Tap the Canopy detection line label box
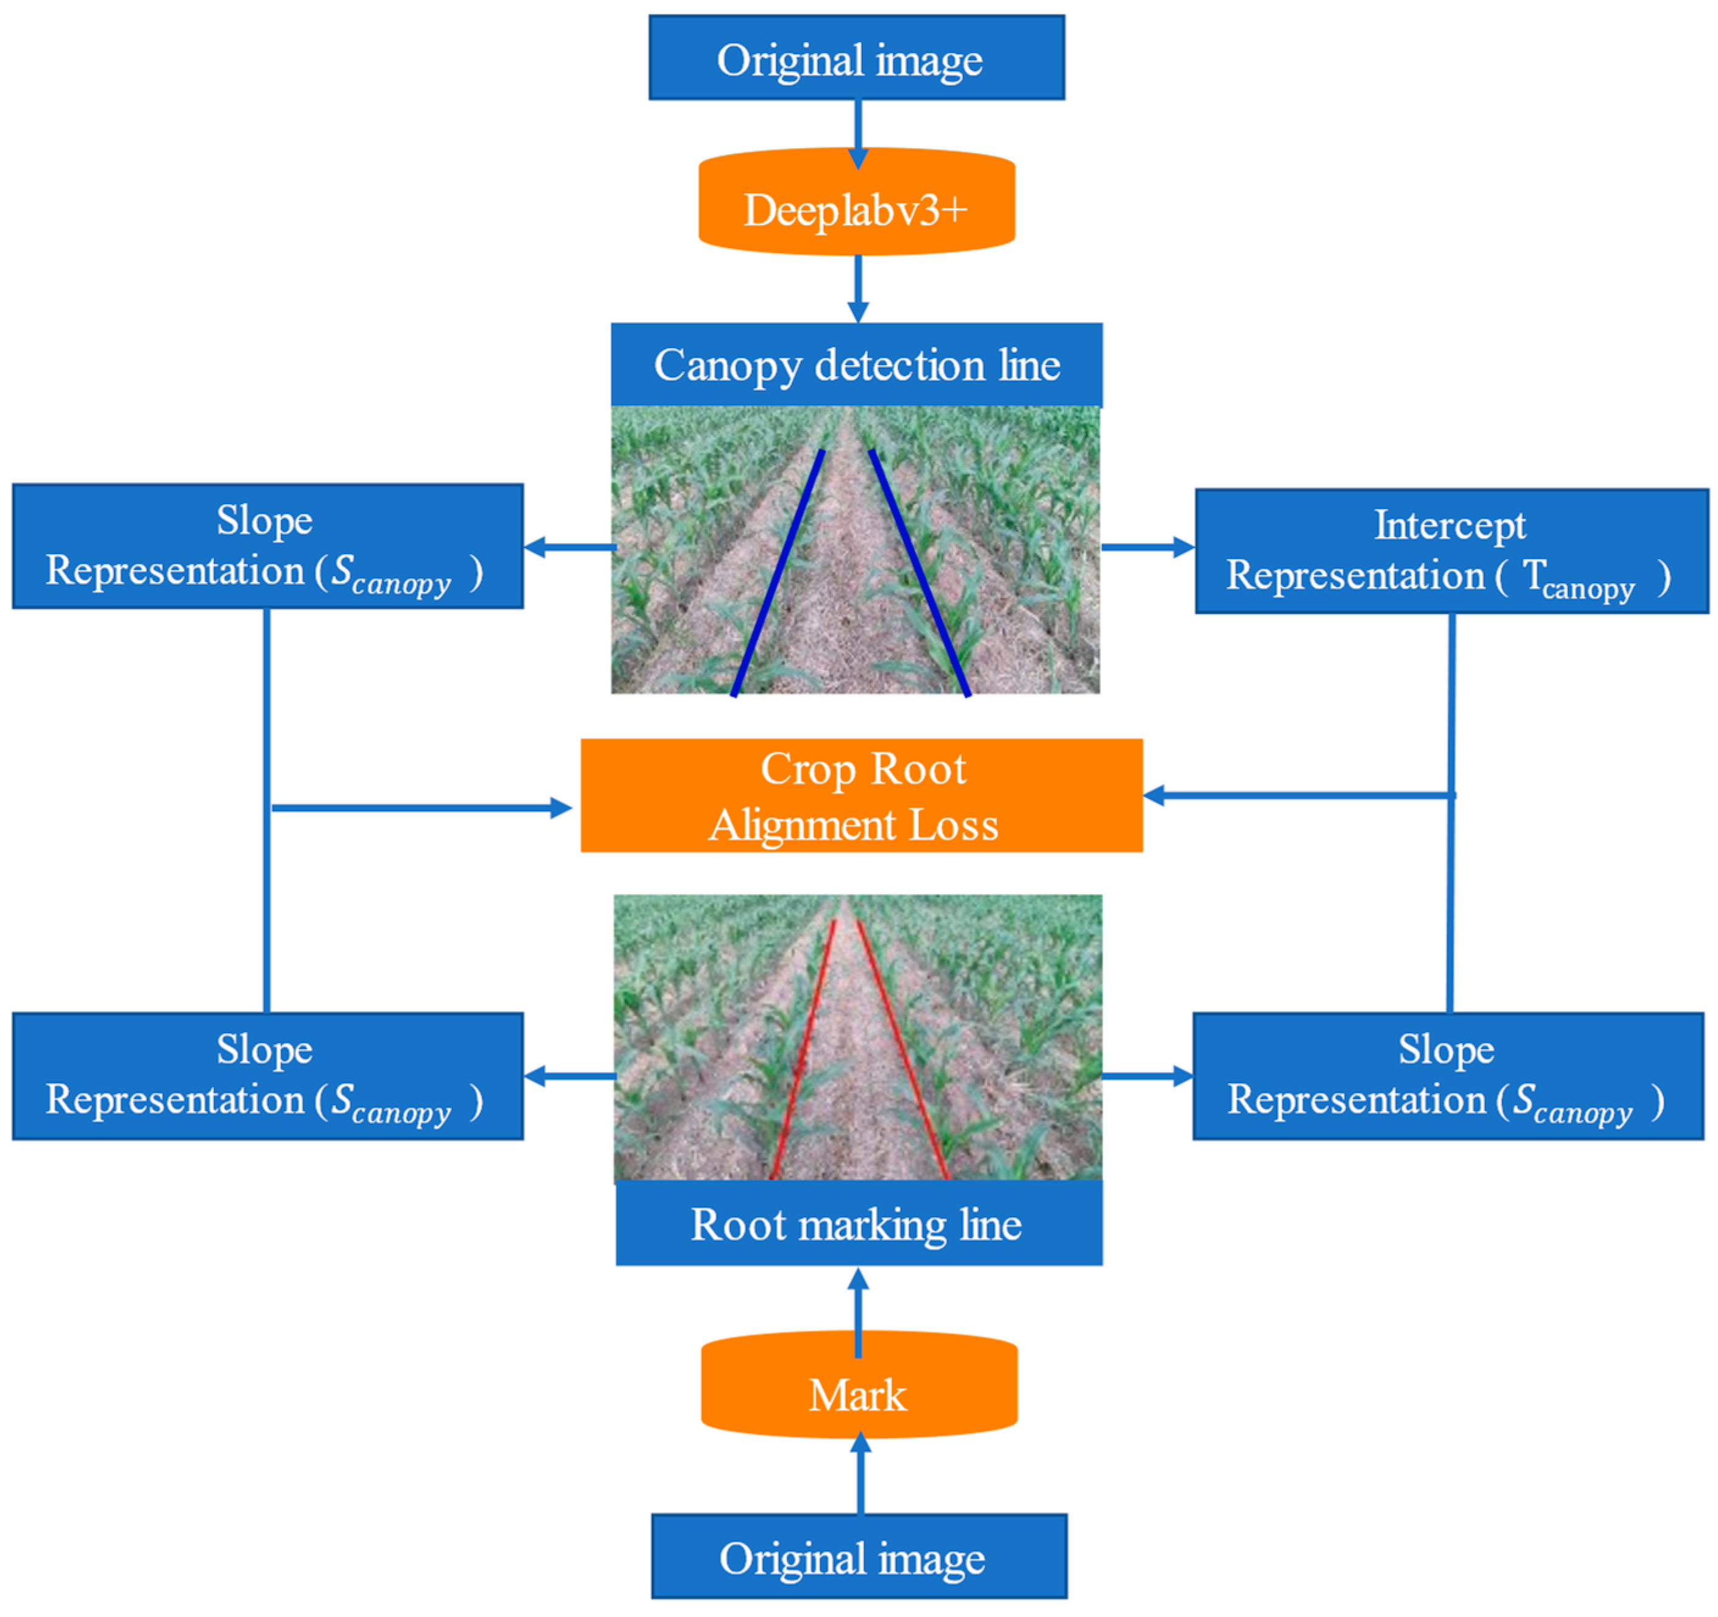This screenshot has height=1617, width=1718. (x=856, y=364)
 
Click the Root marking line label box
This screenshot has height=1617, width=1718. (x=858, y=1224)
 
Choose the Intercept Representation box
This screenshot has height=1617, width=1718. (x=1451, y=551)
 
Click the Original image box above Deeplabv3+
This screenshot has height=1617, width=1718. (x=856, y=58)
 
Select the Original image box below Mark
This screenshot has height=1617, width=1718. (x=858, y=1557)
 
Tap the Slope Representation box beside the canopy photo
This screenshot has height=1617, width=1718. (x=267, y=546)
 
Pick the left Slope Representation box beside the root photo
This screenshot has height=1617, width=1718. (x=267, y=1075)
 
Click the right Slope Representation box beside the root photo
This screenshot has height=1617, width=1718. (x=1447, y=1075)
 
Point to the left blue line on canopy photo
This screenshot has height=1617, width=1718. (x=778, y=572)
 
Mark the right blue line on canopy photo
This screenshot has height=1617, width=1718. (x=920, y=572)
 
